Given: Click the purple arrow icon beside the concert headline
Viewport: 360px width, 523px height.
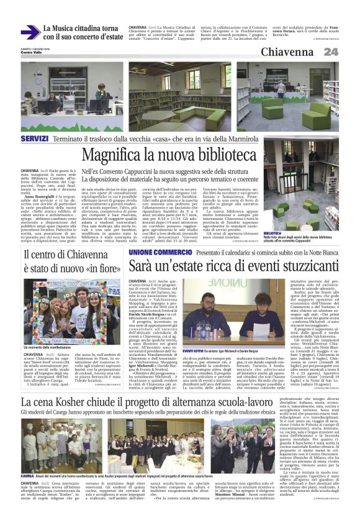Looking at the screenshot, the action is point(30,33).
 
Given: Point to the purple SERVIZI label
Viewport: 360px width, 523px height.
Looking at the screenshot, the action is point(34,137).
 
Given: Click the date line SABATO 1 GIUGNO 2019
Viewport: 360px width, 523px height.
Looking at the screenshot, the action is point(35,47).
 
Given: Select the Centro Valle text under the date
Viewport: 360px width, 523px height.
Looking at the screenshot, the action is point(32,52).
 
